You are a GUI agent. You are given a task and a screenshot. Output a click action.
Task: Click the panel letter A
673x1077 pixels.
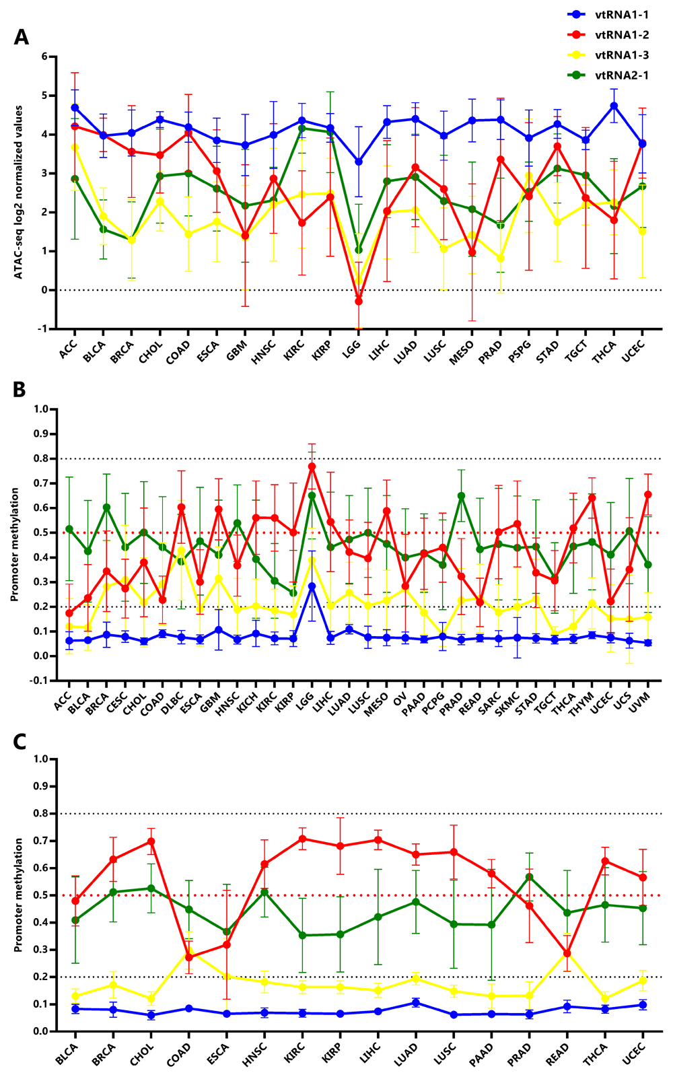tap(22, 38)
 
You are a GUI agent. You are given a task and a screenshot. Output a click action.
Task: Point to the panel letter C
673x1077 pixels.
tap(20, 742)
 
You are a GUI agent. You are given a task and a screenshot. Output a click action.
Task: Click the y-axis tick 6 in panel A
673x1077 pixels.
tap(44, 57)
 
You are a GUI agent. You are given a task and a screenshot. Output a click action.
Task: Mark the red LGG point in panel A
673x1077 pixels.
tap(359, 301)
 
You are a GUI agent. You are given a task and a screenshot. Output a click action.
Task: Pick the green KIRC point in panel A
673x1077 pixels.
tap(302, 128)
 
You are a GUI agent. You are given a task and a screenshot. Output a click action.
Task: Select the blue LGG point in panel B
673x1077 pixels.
tap(312, 586)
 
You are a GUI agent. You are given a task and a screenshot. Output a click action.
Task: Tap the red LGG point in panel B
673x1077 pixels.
tap(312, 466)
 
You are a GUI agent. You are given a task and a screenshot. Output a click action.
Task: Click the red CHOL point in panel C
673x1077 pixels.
tap(151, 841)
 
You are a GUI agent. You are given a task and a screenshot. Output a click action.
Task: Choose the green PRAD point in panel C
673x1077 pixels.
tap(530, 877)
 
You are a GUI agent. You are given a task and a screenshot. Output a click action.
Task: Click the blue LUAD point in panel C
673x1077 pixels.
tap(416, 1003)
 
